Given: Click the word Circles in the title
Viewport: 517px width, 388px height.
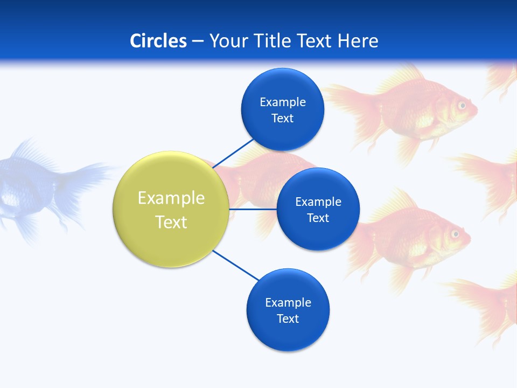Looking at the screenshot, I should click(x=158, y=41).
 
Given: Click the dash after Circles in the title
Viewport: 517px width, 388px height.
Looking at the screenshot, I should click(x=198, y=41).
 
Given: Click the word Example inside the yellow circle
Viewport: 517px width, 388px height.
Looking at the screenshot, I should click(x=171, y=198).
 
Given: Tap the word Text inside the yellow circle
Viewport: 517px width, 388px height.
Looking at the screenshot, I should click(x=171, y=222).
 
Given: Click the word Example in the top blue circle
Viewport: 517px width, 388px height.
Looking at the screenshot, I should click(x=283, y=102).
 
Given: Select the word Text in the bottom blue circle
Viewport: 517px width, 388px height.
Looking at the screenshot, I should click(x=288, y=318).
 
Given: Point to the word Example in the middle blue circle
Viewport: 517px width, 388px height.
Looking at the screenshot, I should click(x=318, y=202).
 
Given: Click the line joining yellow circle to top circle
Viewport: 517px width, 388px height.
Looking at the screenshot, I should click(x=234, y=153).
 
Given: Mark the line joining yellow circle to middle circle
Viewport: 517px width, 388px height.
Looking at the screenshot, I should click(x=253, y=209).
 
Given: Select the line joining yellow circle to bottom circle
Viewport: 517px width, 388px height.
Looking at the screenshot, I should click(x=235, y=265).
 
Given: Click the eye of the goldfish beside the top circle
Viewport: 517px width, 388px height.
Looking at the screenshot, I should click(x=462, y=106).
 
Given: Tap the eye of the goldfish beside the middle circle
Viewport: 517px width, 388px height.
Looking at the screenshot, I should click(x=455, y=234).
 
